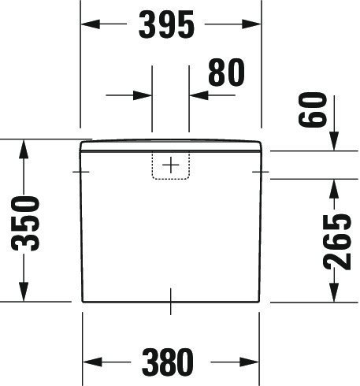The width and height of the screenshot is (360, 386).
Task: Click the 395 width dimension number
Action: [x=166, y=24]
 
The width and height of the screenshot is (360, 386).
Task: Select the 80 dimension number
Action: [x=226, y=72]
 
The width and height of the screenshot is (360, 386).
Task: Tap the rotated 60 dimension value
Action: [x=313, y=109]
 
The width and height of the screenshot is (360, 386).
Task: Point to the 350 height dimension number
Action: [x=25, y=223]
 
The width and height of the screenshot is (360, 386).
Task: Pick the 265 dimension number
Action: [x=337, y=242]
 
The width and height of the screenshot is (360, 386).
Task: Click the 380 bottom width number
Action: [x=167, y=362]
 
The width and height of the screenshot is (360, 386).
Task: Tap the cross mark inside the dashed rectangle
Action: [x=171, y=165]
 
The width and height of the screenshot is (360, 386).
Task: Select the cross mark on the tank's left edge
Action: [x=80, y=172]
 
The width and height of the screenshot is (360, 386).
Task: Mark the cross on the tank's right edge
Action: [x=261, y=172]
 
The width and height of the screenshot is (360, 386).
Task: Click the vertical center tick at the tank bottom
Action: [x=171, y=302]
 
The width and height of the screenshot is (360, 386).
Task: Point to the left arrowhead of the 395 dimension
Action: [x=91, y=24]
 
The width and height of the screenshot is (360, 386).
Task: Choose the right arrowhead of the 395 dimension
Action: [x=251, y=24]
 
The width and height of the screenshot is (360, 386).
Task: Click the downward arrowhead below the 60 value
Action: [x=334, y=141]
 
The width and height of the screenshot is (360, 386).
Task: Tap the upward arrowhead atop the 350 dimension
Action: [x=24, y=149]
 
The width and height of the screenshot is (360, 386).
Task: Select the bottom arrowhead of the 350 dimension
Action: [x=24, y=292]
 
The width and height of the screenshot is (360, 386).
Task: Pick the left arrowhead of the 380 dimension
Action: [x=92, y=362]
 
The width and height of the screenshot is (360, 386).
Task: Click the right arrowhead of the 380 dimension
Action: [x=250, y=362]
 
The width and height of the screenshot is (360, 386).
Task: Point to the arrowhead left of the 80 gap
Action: [x=143, y=95]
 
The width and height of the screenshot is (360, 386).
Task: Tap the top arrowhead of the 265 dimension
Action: [x=334, y=189]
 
